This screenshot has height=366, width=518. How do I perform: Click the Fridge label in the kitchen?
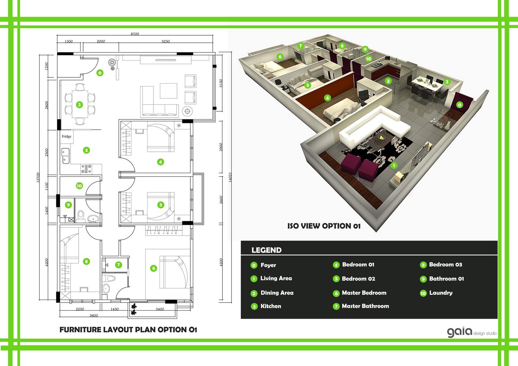point(66,137)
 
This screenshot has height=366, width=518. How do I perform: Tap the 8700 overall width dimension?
point(135,34)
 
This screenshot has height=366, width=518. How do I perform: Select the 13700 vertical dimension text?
point(38,177)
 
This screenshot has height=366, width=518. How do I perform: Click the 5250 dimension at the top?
point(165,41)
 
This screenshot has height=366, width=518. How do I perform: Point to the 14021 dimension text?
point(230,177)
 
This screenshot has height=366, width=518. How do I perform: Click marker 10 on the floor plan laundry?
point(79,186)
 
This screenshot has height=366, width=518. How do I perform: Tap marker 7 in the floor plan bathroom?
point(118,265)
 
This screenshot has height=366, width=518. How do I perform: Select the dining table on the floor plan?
point(80,104)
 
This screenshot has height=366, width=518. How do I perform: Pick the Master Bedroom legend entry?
point(360,293)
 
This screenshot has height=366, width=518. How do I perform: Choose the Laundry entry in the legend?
point(436,293)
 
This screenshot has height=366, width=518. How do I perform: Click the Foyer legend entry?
point(264,265)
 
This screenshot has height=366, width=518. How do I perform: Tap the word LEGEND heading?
point(266,250)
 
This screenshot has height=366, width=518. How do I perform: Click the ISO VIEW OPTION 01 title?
point(324,226)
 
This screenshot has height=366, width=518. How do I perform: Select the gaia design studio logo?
point(472,332)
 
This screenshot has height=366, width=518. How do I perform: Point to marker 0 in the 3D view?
point(459,105)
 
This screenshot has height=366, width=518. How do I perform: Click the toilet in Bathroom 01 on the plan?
point(81,216)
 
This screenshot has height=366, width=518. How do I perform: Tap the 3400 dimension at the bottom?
point(160,309)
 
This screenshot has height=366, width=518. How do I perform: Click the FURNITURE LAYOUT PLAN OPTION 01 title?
point(128,330)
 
